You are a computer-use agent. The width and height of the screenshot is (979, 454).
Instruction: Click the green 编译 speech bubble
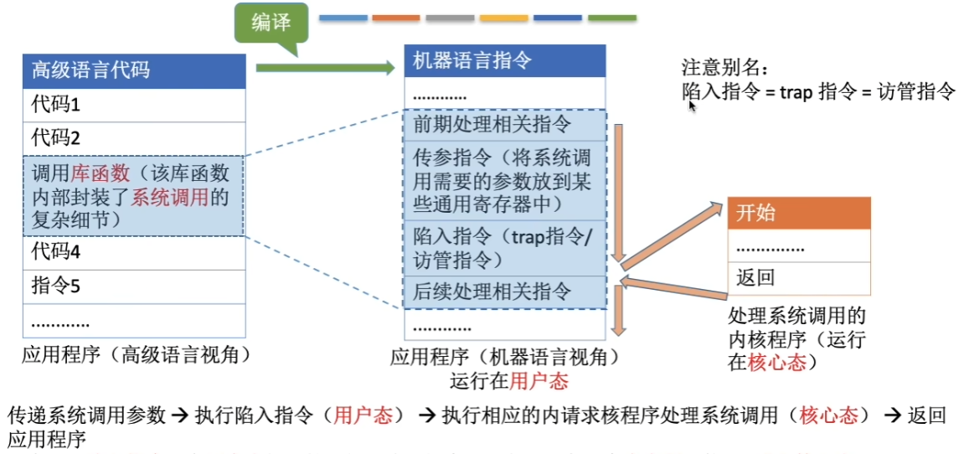point(271,23)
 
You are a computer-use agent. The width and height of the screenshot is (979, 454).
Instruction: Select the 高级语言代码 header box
point(135,70)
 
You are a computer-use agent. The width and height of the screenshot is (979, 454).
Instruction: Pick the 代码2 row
point(135,137)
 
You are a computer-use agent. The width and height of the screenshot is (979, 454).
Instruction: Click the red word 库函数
point(100,173)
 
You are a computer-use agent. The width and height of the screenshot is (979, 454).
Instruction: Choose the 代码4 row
point(135,252)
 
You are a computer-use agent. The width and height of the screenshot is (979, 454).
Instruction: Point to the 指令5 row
point(135,286)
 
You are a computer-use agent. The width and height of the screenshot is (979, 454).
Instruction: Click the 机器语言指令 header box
point(503,60)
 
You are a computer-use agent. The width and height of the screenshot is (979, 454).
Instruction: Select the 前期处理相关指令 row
point(503,125)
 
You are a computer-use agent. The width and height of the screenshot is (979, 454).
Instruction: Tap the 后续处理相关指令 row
point(503,291)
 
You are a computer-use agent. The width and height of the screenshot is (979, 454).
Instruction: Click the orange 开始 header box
point(799,213)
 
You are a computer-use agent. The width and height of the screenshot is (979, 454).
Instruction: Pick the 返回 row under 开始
point(799,278)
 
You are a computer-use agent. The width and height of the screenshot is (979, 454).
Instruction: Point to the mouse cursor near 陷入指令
point(691,105)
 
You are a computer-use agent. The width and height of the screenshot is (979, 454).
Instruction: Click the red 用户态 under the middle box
point(539,381)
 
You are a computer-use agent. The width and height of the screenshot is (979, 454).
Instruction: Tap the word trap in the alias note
point(796,92)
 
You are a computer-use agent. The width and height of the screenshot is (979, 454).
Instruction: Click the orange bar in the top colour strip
point(395,17)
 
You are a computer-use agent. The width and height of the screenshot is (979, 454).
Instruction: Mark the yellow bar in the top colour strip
point(503,17)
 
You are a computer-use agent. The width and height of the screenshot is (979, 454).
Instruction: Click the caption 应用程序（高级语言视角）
point(137,355)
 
